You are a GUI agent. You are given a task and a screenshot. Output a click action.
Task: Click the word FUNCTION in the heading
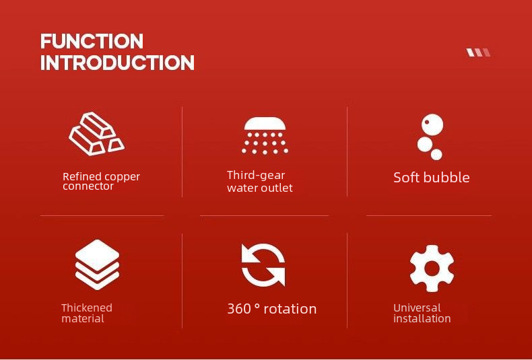(92, 41)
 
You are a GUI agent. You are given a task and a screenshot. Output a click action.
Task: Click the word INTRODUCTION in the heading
(117, 63)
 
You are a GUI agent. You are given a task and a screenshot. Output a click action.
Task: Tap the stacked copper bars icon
(97, 134)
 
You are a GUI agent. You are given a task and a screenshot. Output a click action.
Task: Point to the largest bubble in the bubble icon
(432, 124)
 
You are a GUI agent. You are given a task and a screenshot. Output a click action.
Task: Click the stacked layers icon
(98, 264)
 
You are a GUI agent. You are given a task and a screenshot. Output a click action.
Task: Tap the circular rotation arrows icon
(263, 264)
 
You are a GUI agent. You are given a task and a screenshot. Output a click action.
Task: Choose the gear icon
(432, 268)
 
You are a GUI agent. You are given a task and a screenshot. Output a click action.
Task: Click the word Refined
(82, 176)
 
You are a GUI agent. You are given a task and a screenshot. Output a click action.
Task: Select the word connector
(88, 186)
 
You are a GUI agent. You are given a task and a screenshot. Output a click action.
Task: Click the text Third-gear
(256, 175)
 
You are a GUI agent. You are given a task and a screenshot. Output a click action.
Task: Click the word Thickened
(87, 308)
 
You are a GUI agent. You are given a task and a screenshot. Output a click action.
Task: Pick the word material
(83, 319)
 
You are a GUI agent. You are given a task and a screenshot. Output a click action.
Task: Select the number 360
(239, 309)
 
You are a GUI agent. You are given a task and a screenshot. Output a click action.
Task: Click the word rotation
(290, 309)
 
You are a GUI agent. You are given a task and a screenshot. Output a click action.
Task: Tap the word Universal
(417, 308)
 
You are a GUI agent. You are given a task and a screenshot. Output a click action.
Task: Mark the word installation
(422, 319)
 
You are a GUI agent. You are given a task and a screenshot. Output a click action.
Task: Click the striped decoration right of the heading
(478, 52)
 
